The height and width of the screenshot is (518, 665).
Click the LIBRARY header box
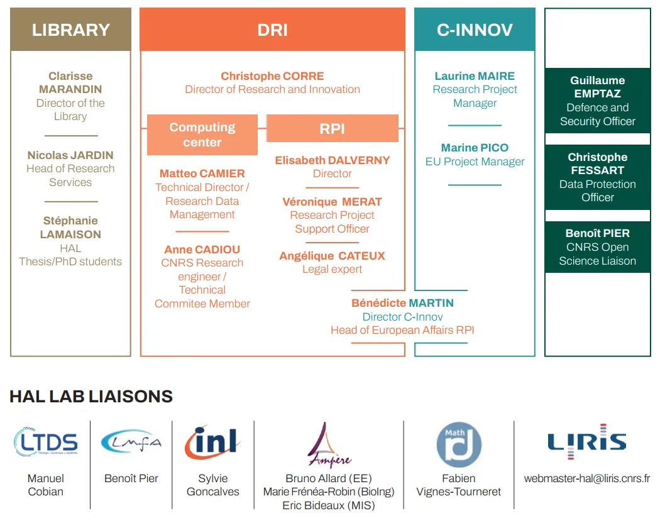(x=70, y=30)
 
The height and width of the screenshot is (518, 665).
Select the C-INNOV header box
(x=475, y=30)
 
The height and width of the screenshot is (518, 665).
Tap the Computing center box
(x=202, y=135)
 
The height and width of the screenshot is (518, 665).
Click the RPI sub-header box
(x=332, y=128)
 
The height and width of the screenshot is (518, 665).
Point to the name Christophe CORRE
(x=272, y=76)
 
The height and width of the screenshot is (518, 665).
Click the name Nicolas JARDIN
(x=70, y=155)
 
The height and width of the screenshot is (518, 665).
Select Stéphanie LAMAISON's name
(x=70, y=228)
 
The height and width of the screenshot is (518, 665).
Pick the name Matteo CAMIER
(x=202, y=174)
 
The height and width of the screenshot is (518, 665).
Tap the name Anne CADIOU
(x=202, y=250)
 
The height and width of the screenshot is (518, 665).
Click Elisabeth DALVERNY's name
(x=332, y=160)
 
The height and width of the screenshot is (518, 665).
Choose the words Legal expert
(x=332, y=269)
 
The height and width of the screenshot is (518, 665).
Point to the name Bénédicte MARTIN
(x=402, y=303)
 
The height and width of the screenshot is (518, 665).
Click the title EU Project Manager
(x=475, y=162)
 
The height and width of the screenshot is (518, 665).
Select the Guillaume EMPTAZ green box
(x=597, y=101)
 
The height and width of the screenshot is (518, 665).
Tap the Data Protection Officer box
(x=597, y=177)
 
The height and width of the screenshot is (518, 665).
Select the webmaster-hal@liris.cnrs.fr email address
(x=586, y=478)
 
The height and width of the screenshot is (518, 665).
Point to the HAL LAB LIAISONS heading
(x=91, y=397)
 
